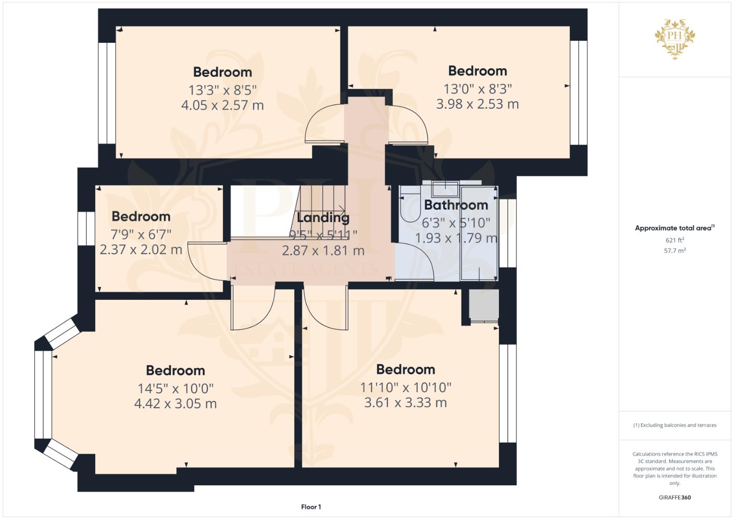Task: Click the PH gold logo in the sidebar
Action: click(675, 39)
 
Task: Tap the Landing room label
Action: click(323, 218)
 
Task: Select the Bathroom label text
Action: click(456, 205)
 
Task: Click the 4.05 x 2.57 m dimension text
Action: click(223, 105)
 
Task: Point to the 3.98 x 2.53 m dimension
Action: click(477, 104)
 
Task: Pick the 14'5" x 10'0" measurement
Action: click(175, 389)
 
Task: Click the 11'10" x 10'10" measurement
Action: click(406, 388)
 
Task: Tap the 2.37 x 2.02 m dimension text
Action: click(141, 250)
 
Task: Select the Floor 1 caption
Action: click(311, 507)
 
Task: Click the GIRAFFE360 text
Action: click(675, 497)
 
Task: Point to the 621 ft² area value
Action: click(675, 240)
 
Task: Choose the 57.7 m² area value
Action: click(675, 251)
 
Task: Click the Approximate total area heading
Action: click(675, 228)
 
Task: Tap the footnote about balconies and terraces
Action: click(675, 425)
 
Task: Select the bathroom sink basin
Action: click(445, 189)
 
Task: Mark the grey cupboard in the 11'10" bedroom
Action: click(484, 305)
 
